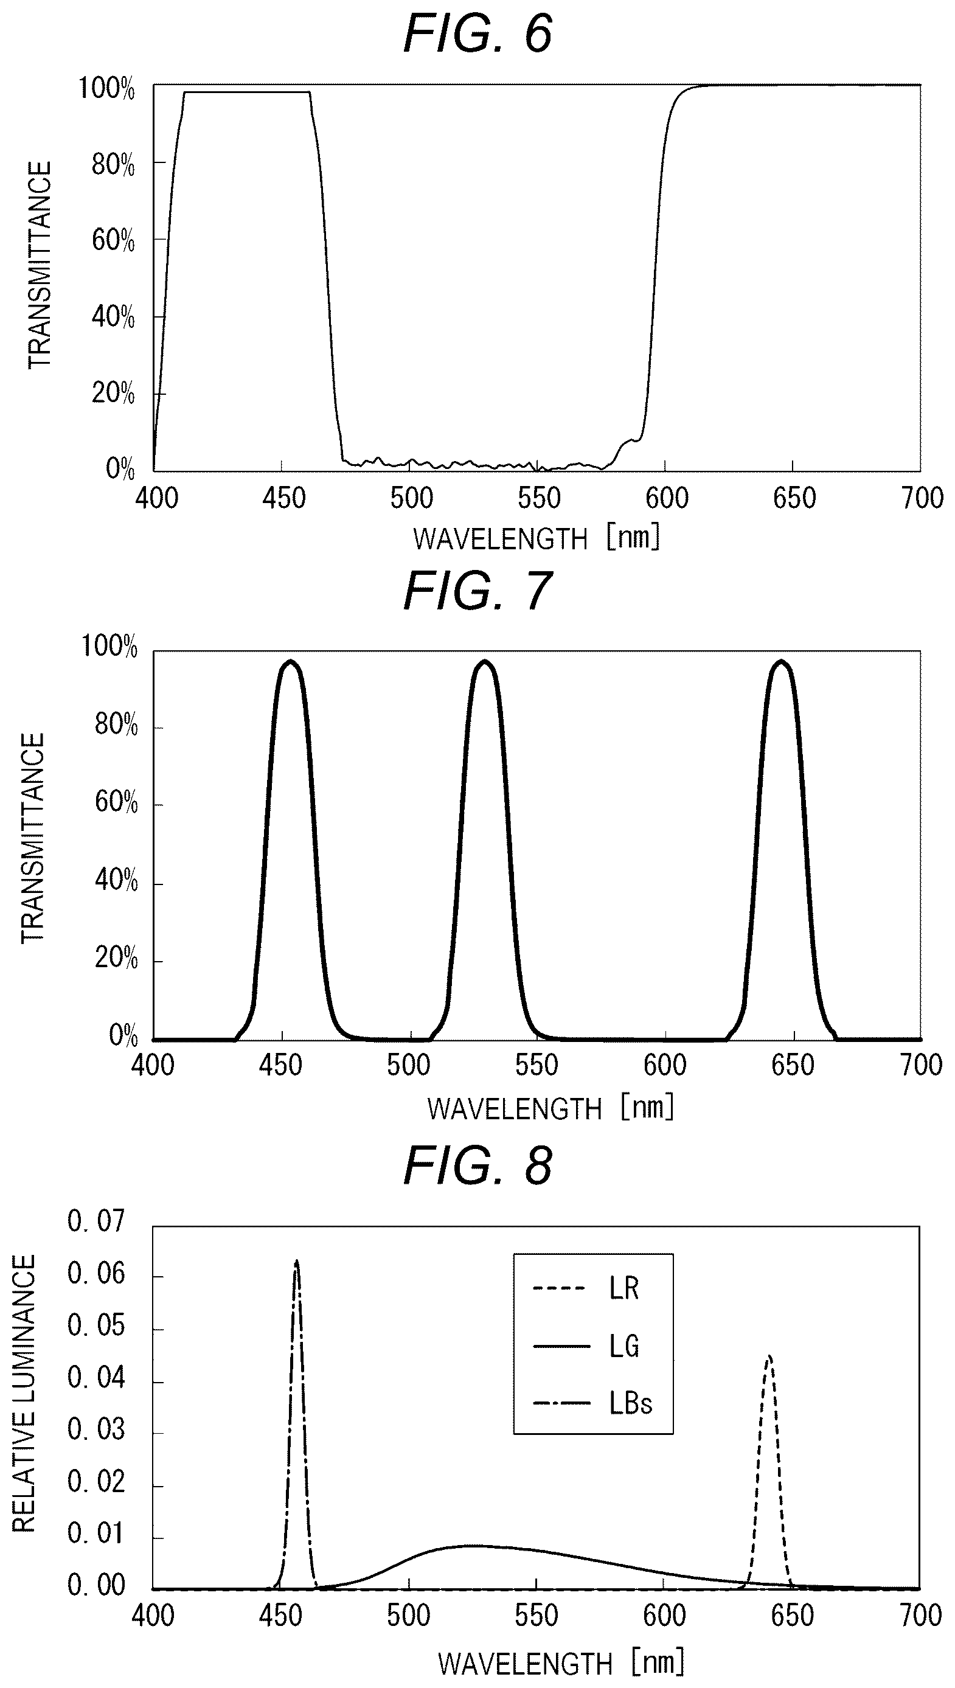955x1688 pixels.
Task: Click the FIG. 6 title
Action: [477, 34]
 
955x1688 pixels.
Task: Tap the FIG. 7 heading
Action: [477, 591]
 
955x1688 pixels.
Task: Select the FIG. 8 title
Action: [477, 1165]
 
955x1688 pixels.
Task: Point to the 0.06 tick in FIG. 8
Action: [95, 1274]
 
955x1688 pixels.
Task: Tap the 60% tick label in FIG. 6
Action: [113, 241]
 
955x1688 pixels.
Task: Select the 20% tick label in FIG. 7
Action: [116, 959]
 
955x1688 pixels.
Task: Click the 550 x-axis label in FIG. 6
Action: [539, 498]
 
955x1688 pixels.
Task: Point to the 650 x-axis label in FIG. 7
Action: [793, 1066]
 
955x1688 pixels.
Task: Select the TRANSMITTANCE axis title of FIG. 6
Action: [40, 266]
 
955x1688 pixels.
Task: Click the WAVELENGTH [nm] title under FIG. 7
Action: [551, 1108]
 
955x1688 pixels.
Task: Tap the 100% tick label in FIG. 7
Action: [109, 647]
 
